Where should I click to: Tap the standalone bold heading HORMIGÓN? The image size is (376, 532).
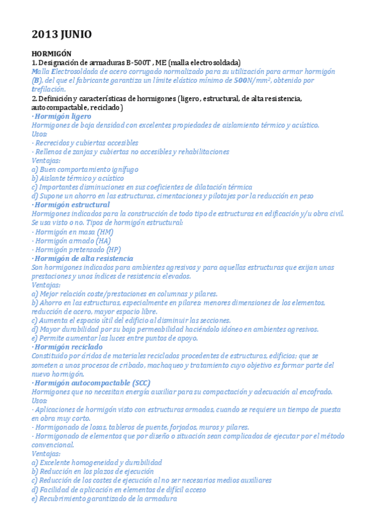pos(51,55)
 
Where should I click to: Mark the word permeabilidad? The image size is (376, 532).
pos(158,329)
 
